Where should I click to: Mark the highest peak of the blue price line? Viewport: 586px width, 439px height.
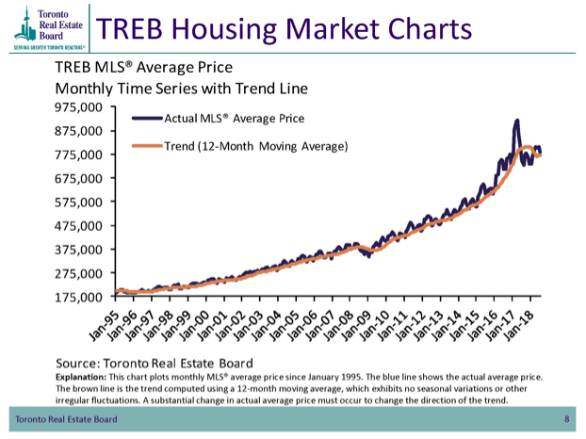[516, 121]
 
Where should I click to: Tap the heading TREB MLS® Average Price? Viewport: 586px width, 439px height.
[144, 69]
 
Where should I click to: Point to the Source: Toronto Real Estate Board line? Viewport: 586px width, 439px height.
[155, 361]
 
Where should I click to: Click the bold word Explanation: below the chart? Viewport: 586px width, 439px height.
[81, 376]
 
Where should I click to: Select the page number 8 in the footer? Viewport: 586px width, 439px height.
[567, 417]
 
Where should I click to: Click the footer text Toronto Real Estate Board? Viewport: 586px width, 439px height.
[67, 417]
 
